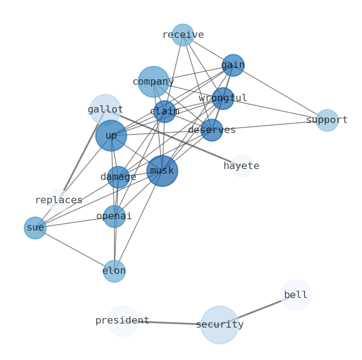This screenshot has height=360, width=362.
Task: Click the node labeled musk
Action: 162,171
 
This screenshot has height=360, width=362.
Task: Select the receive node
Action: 183,35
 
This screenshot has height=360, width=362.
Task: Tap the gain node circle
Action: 233,65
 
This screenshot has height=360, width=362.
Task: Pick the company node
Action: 153,82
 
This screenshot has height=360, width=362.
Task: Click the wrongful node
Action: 223,98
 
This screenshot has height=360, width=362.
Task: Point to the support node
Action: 327,120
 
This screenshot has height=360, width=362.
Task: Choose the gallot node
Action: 105,110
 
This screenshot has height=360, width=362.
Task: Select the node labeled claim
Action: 165,112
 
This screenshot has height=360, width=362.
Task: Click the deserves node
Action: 212,130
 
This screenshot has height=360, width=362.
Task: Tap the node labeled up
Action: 111,136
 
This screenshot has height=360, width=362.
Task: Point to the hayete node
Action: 241,166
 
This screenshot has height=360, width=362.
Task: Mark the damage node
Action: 118,177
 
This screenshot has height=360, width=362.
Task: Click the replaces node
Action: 59,201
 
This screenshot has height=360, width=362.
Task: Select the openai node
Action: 114,216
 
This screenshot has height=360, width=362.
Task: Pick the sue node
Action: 35,228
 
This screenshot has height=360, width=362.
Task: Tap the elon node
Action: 114,271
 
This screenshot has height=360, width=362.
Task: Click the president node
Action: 122,321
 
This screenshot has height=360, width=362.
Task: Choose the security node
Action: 219,325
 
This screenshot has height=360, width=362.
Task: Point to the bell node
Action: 296,295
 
